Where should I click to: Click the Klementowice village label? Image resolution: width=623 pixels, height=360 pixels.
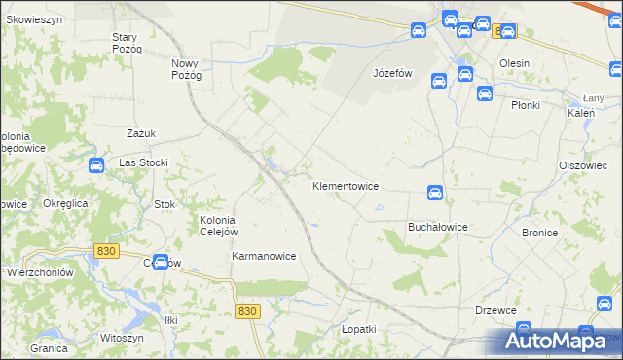[x=345, y=185]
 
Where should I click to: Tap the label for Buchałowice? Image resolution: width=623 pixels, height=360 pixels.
[x=437, y=227]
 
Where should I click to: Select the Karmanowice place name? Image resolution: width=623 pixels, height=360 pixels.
[x=264, y=256]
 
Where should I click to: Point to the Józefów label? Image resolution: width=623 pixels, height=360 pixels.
[x=394, y=73]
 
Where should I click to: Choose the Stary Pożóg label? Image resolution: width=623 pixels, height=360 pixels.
[x=127, y=43]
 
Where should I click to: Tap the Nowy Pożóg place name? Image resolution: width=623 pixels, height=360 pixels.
[x=186, y=69]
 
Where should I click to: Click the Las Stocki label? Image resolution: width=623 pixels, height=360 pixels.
[x=144, y=162]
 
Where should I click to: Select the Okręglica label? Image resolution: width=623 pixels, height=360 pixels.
[x=66, y=203]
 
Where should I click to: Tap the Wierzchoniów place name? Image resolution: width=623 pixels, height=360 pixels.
[x=41, y=273]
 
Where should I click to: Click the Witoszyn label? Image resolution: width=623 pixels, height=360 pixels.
[x=121, y=338]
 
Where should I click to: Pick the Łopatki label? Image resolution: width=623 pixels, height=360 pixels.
[x=358, y=330]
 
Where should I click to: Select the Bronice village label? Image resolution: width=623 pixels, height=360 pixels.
[x=539, y=233]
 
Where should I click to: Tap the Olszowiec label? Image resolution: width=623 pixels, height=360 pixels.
[x=583, y=165]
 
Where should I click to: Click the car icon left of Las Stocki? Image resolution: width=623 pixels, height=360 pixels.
[x=96, y=165]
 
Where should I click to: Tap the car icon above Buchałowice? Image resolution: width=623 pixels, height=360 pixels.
[x=436, y=193]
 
